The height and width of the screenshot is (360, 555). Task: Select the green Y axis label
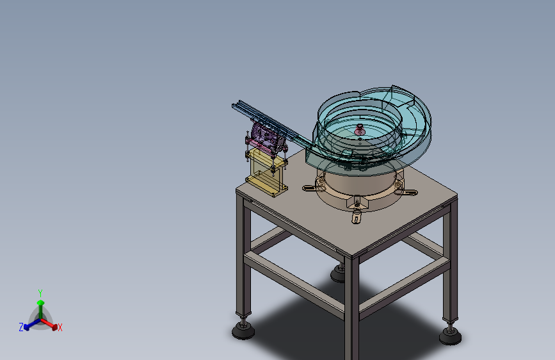[40, 293]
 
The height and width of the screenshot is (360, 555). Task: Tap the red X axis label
[60, 328]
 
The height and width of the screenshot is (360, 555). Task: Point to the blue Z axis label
[21, 327]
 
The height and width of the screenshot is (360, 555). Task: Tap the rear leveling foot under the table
[338, 273]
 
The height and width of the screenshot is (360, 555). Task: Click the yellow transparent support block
[266, 172]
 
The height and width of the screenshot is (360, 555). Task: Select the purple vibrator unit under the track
[266, 138]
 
